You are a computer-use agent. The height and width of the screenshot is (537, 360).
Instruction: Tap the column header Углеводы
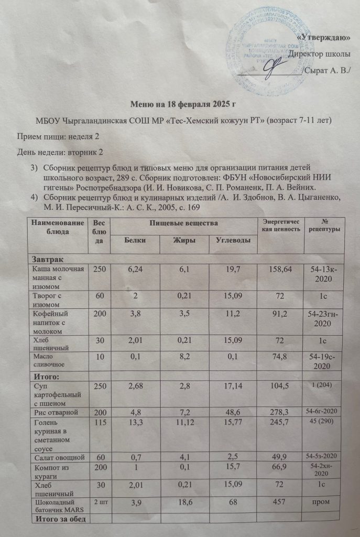tap(230, 240)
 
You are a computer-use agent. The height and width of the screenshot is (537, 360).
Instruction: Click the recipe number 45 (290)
tap(324, 422)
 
